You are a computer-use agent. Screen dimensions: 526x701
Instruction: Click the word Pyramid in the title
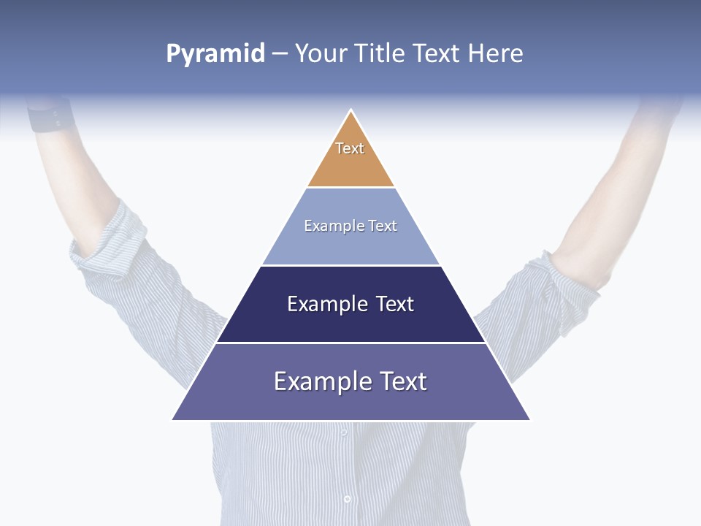point(215,53)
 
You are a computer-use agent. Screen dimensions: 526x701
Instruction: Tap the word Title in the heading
point(380,53)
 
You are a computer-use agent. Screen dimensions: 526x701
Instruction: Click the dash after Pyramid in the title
point(280,54)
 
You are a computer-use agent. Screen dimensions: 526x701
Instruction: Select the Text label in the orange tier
point(350,148)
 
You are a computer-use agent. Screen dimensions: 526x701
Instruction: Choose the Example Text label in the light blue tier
point(350,226)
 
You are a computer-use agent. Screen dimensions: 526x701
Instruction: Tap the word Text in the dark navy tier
point(395,304)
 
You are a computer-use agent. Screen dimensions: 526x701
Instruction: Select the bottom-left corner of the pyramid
point(173,419)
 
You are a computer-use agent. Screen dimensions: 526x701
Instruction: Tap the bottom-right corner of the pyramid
point(529,419)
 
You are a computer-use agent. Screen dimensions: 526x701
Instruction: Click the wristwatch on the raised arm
point(51,117)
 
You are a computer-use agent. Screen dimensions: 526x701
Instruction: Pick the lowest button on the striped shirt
point(347,499)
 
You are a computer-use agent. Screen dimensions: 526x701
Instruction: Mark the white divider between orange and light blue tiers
point(350,188)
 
